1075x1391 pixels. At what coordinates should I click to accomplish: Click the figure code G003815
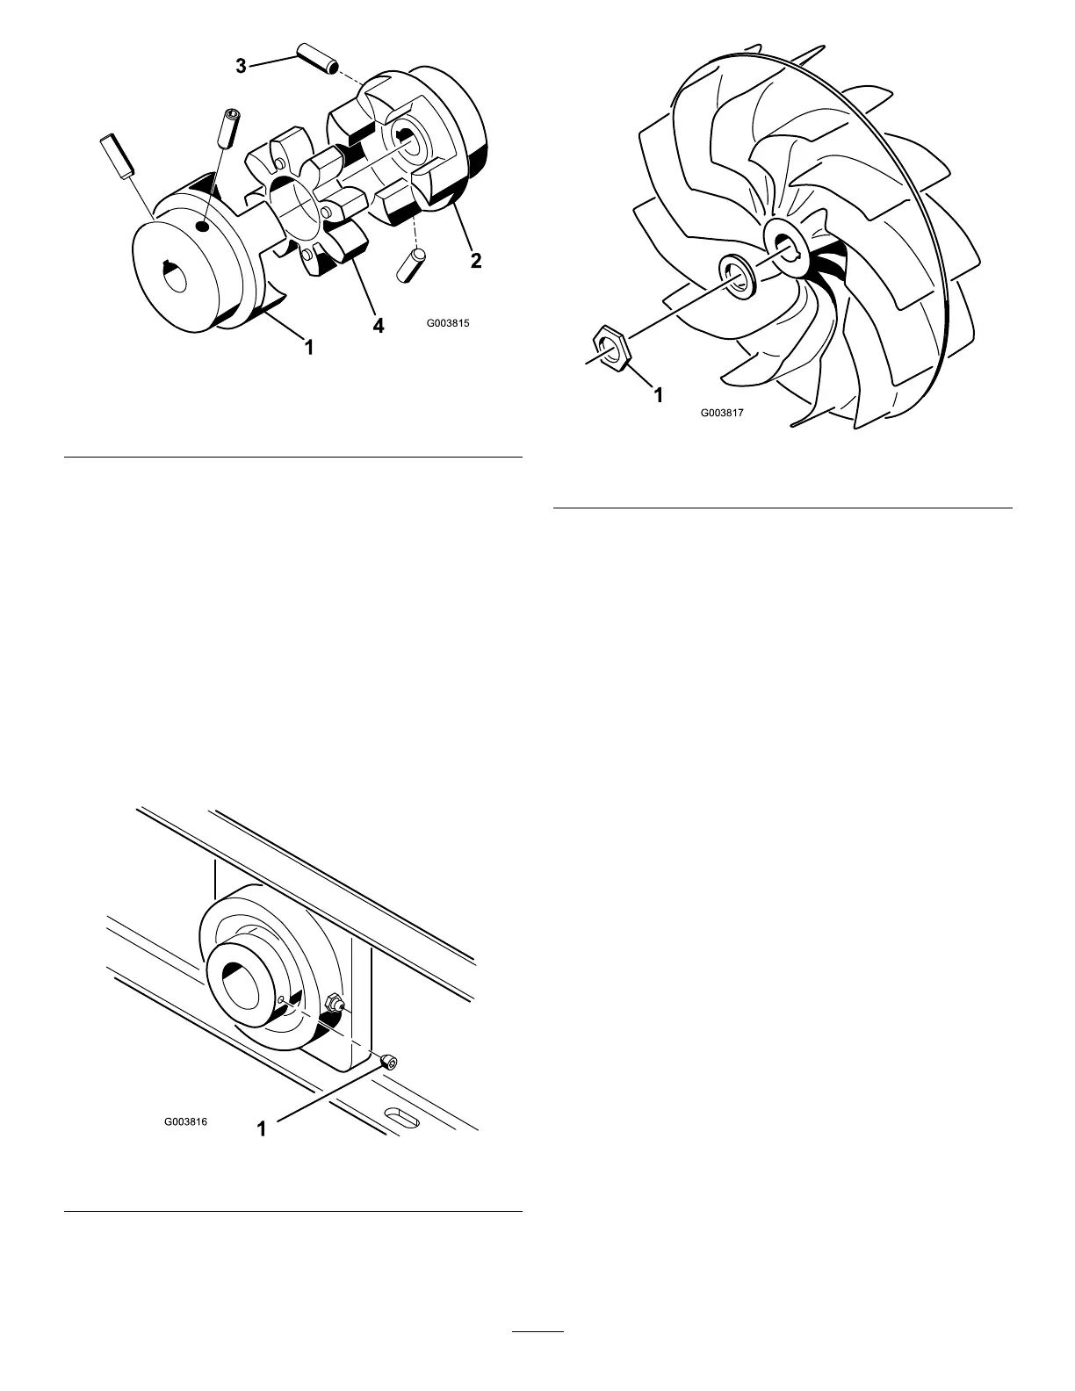click(x=449, y=323)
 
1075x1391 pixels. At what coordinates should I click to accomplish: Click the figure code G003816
click(x=185, y=1122)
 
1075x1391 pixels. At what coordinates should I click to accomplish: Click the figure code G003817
click(x=722, y=411)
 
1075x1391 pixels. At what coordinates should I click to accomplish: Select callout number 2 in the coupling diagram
click(x=475, y=260)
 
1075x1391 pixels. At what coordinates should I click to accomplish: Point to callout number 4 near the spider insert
click(x=378, y=325)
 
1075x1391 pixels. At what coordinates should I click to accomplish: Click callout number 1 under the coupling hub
click(x=308, y=349)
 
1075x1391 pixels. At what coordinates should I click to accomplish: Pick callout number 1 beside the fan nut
click(x=657, y=395)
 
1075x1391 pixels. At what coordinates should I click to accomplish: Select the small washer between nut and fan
click(x=736, y=274)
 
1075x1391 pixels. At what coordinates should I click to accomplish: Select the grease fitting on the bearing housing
click(x=335, y=1003)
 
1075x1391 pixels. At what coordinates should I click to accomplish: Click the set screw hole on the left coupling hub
click(x=203, y=226)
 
